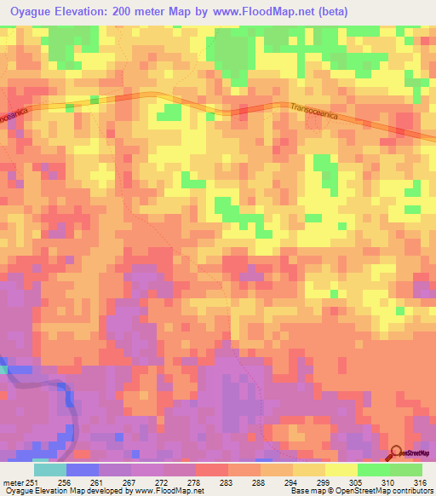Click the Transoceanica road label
(320, 110)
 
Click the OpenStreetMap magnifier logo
(396, 453)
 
